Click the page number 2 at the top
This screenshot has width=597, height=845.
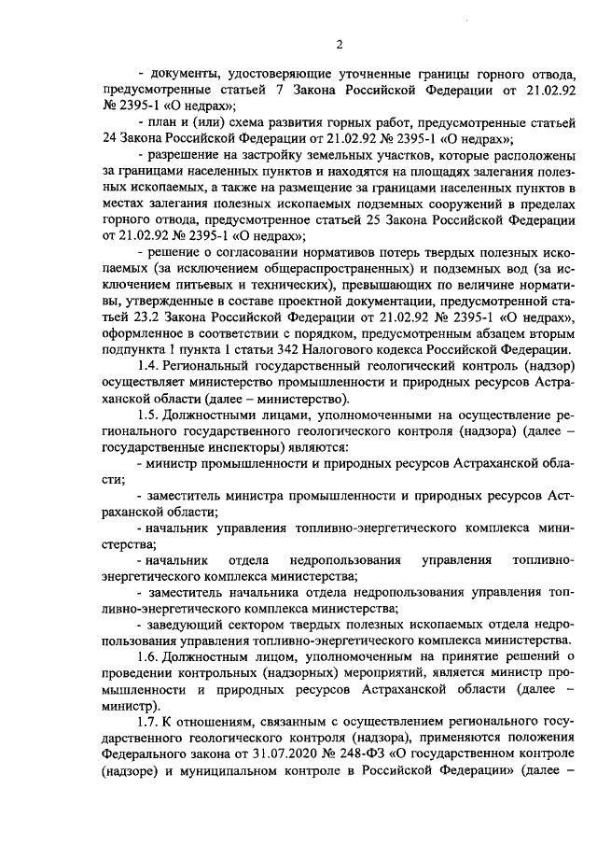point(340,44)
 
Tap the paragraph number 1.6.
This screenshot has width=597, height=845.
point(149,657)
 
